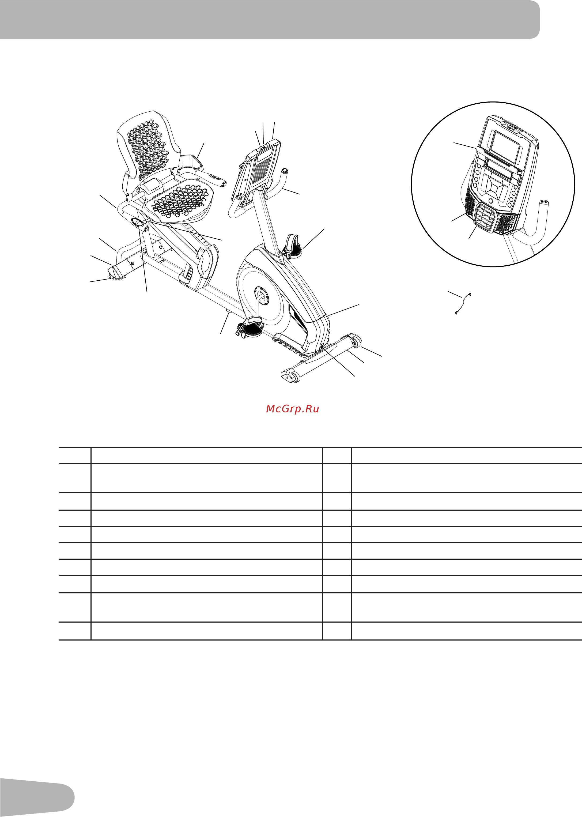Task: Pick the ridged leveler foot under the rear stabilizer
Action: pyautogui.click(x=116, y=279)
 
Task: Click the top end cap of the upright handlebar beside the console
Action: pyautogui.click(x=285, y=171)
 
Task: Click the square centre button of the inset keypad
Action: pyautogui.click(x=495, y=187)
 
